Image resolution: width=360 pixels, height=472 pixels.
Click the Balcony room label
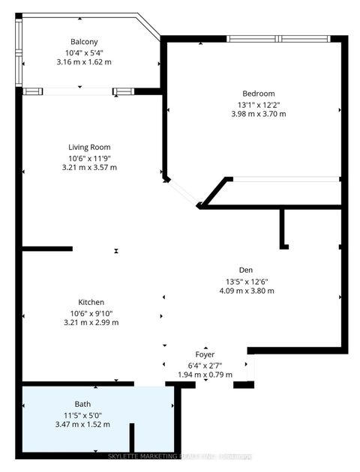tap(84, 42)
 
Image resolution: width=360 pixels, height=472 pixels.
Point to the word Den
tap(246, 270)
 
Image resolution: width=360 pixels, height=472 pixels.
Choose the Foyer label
tap(205, 354)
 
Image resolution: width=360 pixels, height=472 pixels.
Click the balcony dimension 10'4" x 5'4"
tap(84, 52)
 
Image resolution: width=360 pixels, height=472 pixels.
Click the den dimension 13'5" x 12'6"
tap(246, 282)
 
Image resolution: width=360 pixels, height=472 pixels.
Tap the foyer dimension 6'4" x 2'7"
tap(205, 365)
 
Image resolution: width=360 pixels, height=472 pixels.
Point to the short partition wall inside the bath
tap(131, 438)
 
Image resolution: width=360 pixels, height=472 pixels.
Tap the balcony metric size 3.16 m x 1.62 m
tap(84, 62)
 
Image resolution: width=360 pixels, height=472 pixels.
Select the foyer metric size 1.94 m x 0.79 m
tap(205, 375)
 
